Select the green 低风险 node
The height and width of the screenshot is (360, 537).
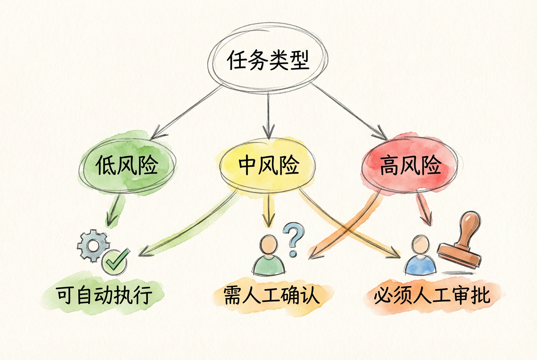pos(127,166)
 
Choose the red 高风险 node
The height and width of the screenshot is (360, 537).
pos(410,166)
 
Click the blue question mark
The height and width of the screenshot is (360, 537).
pos(292,240)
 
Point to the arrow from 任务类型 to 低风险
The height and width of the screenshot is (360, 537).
pos(187,111)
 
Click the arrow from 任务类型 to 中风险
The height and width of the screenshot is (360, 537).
pos(268,115)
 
